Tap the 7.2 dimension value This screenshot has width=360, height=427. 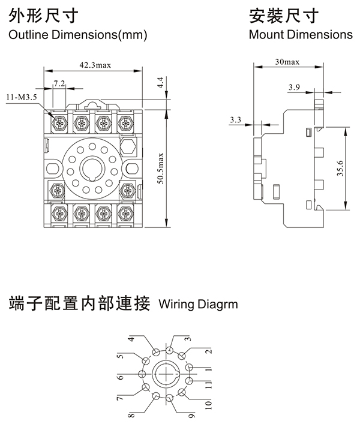point(59,83)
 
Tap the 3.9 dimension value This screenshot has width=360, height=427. point(294,88)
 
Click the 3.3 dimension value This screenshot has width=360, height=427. point(235,121)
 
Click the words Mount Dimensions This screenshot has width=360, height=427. point(301,34)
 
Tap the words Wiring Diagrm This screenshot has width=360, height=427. point(198,304)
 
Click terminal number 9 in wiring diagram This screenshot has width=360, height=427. point(190,413)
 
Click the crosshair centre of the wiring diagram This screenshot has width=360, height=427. point(166,374)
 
